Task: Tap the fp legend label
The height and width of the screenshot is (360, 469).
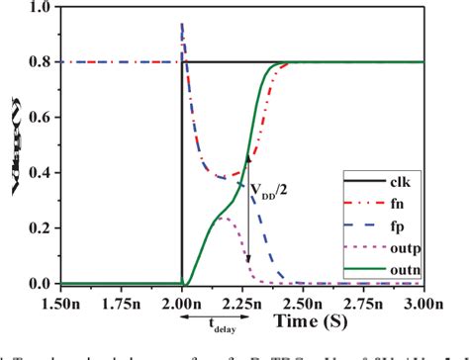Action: [419, 228]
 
